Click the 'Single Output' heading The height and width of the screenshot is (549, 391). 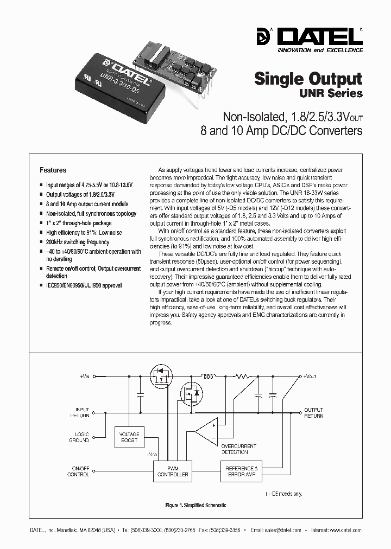308,79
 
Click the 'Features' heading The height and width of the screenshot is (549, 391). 53,170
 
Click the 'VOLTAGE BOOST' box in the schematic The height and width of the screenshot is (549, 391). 129,437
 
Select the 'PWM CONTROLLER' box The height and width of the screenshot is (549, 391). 173,471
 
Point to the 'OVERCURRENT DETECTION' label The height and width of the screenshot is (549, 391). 235,449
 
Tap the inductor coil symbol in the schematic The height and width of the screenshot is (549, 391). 209,375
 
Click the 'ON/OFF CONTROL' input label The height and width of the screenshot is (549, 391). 78,471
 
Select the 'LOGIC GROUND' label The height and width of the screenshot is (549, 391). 79,437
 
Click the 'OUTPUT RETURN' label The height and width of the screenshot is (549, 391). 313,413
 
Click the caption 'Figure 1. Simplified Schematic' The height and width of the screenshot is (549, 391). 195,505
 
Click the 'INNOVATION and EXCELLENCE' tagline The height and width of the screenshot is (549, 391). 320,50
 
